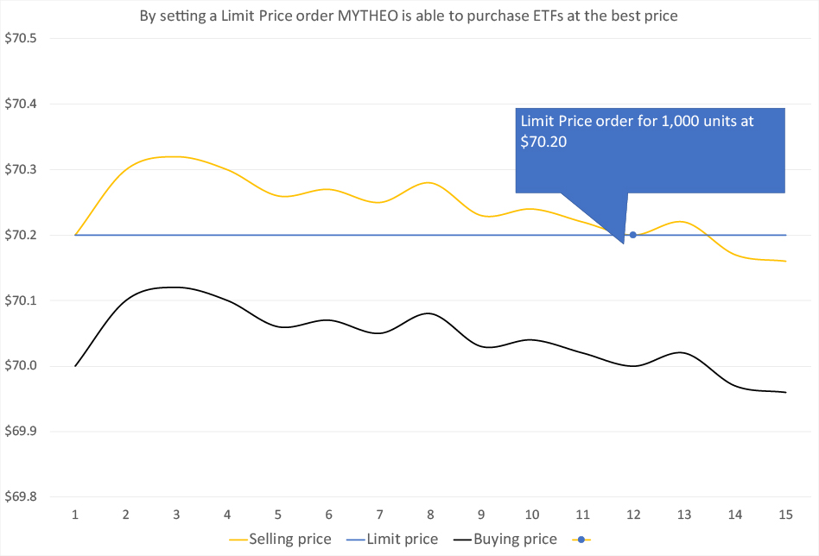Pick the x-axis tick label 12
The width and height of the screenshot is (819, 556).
pyautogui.click(x=633, y=515)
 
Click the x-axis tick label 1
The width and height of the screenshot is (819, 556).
pyautogui.click(x=75, y=515)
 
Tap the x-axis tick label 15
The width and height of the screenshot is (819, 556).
pyautogui.click(x=785, y=515)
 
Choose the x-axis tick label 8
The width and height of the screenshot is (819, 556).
pyautogui.click(x=430, y=515)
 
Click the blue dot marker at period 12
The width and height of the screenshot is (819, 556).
pyautogui.click(x=633, y=235)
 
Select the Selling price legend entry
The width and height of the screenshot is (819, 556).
pyautogui.click(x=280, y=540)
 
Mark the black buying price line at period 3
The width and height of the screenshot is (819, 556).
pyautogui.click(x=176, y=287)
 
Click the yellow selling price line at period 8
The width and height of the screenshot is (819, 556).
pyautogui.click(x=430, y=183)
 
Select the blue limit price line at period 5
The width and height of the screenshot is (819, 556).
pyautogui.click(x=278, y=235)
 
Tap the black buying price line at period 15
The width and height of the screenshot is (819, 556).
pyautogui.click(x=785, y=392)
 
